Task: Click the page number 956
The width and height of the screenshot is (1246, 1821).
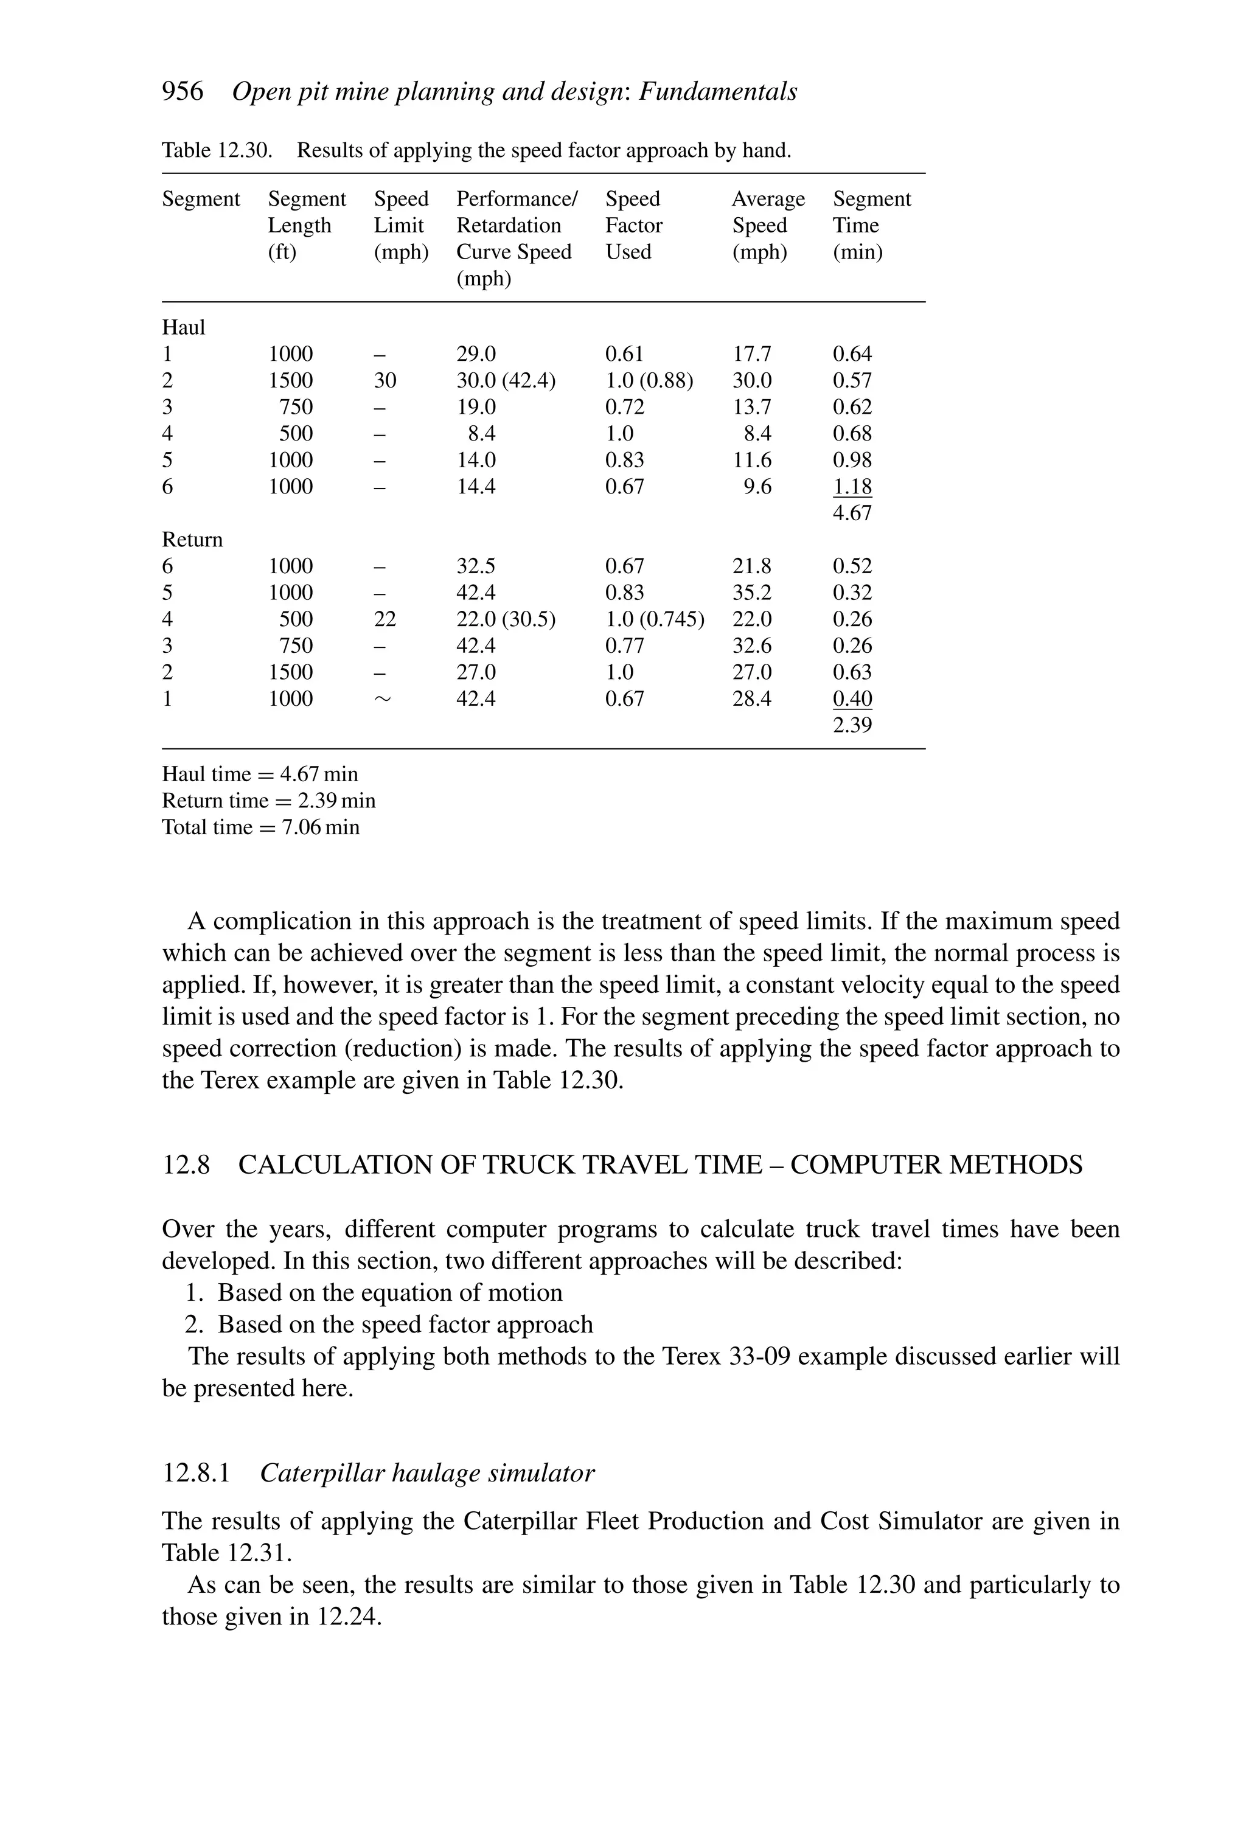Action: [182, 92]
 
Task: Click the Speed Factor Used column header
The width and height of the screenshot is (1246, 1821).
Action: [633, 226]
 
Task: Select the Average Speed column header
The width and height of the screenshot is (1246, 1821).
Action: [767, 226]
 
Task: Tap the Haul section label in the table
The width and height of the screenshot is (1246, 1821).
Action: [183, 327]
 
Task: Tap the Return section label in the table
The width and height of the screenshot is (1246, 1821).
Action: [192, 540]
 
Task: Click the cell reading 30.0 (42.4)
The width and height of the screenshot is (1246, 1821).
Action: [506, 381]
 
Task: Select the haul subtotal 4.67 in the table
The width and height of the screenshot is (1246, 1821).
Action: [852, 514]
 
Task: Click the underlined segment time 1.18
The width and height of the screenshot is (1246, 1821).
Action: [852, 487]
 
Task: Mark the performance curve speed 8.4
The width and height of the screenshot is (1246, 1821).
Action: [481, 434]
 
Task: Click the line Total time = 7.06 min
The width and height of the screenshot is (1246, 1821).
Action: [260, 827]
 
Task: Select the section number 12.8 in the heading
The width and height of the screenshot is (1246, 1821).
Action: [186, 1165]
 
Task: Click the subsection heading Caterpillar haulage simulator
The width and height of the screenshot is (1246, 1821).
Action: [427, 1474]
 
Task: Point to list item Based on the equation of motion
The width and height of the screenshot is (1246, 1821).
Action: [389, 1292]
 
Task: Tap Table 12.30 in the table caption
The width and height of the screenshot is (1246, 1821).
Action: [217, 150]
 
